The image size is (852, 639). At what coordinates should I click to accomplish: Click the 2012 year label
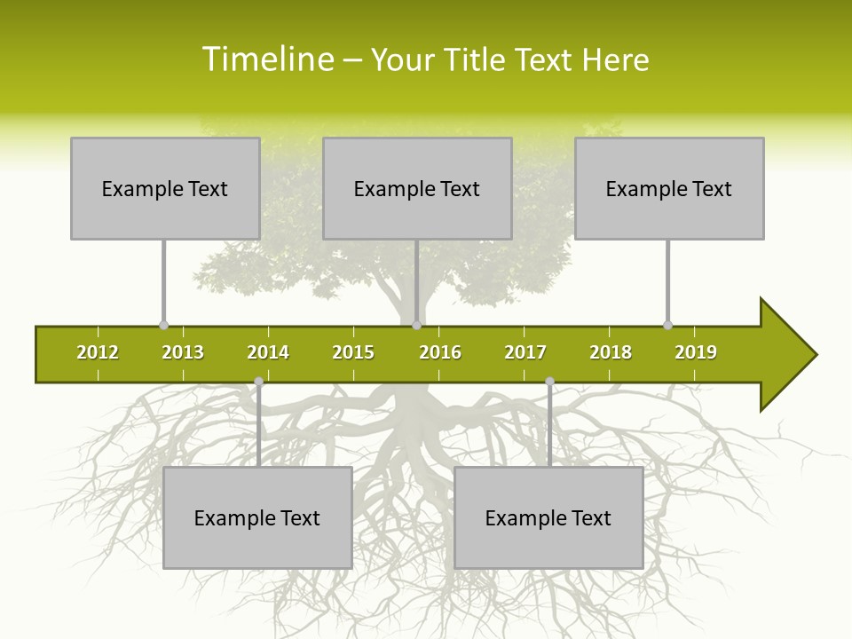pos(98,352)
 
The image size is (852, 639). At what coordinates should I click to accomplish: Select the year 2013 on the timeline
pos(183,352)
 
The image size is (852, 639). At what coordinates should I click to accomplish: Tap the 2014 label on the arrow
pos(268,352)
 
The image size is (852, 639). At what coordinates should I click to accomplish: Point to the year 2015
pos(353,352)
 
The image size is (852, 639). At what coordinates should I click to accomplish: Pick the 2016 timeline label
pos(440,352)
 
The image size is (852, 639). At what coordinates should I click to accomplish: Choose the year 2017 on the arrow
pos(525,352)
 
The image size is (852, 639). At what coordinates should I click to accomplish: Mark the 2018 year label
pos(611,352)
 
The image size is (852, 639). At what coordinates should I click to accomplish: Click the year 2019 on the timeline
pos(696,352)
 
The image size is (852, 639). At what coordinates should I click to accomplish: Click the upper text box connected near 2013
pos(165,188)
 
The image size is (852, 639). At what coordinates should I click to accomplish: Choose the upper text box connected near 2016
pos(417,188)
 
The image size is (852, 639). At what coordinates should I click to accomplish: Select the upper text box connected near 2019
pos(669,188)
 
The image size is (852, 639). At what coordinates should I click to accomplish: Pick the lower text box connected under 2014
pos(257,517)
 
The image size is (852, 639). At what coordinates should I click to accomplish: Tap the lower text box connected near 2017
pos(548,517)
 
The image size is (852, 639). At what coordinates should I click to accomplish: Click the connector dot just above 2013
pos(163,325)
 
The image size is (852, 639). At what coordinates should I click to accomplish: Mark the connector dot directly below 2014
pos(258,382)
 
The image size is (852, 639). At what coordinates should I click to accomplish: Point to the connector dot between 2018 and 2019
pos(667,325)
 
